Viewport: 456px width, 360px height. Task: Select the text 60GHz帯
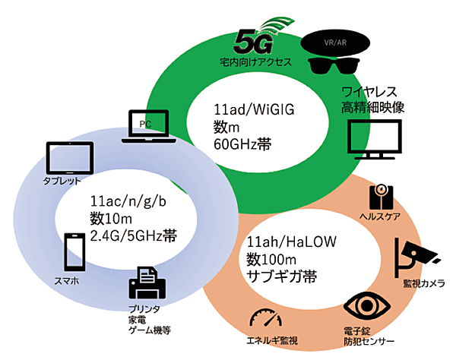click(242, 144)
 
